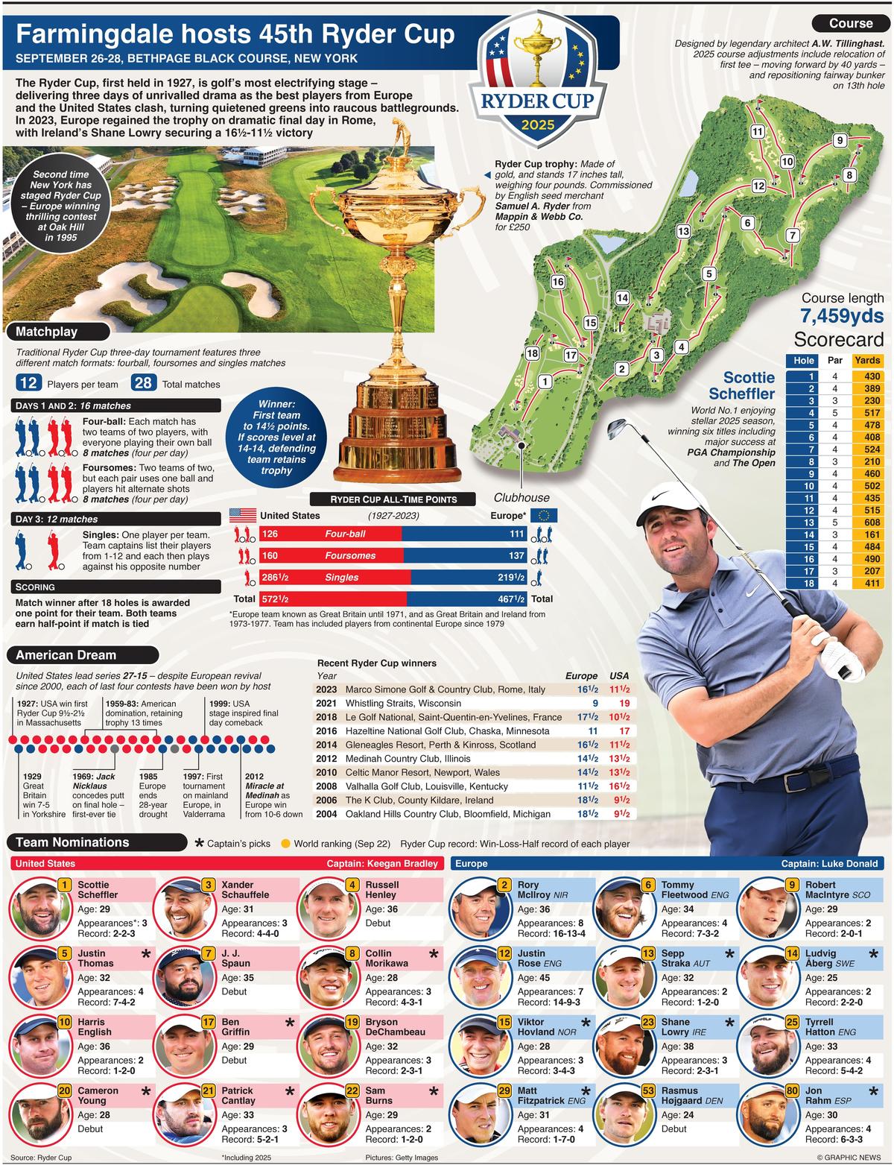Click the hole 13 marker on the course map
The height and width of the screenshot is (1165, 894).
[x=683, y=231]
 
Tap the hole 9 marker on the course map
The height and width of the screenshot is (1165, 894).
[x=840, y=140]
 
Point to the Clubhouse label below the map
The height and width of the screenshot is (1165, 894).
[x=521, y=498]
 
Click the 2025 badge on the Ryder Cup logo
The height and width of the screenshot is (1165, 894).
[x=538, y=124]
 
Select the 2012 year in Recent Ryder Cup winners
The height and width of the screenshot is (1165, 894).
[x=326, y=759]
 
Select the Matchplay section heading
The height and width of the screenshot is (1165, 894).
[x=47, y=332]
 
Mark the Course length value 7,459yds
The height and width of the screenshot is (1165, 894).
[x=842, y=316]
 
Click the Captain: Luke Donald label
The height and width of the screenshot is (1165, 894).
[x=829, y=863]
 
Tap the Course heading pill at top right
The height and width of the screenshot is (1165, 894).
[x=850, y=23]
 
